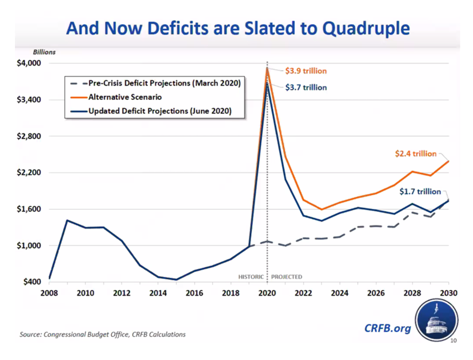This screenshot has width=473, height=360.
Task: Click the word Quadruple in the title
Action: [358, 28]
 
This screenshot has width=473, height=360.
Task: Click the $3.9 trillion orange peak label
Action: [305, 71]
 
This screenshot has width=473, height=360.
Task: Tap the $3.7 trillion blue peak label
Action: [305, 87]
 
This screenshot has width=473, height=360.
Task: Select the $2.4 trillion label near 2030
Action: [415, 154]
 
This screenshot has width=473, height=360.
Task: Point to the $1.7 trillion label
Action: [420, 192]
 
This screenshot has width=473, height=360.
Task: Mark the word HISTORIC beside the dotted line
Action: [251, 277]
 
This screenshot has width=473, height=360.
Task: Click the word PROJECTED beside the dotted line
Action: [287, 277]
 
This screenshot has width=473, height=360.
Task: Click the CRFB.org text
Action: [388, 328]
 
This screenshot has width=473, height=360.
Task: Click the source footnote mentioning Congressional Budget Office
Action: [103, 335]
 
